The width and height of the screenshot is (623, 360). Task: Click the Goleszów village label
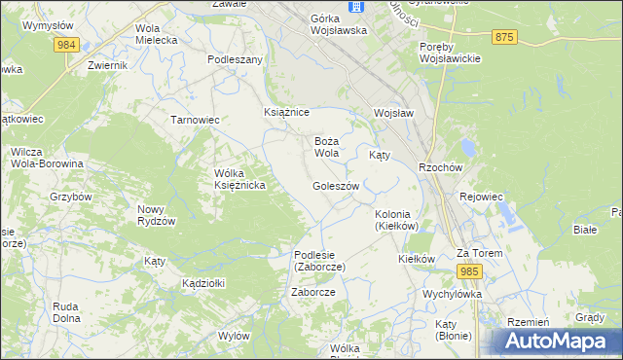[x=336, y=185]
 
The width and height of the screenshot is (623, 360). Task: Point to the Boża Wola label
[x=326, y=147]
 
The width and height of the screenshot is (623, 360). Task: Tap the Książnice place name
[x=287, y=112]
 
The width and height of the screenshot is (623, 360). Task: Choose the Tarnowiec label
[x=195, y=120]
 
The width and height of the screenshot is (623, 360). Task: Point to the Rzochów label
[x=439, y=166]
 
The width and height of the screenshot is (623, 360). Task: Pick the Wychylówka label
[x=453, y=293]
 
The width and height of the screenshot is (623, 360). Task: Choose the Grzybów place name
[x=71, y=196]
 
